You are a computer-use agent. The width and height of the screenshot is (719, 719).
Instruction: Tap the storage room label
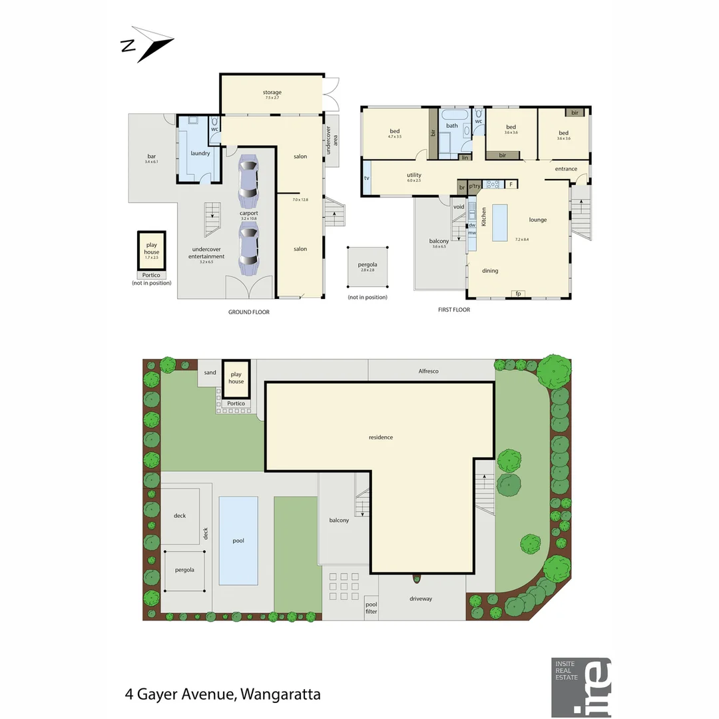click(272, 93)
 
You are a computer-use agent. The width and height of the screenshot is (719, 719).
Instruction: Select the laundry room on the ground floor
click(200, 153)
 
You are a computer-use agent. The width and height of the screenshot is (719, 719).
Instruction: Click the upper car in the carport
click(248, 180)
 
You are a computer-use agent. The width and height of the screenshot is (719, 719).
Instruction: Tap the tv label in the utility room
click(367, 178)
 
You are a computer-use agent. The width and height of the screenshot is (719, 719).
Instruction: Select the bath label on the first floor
click(452, 125)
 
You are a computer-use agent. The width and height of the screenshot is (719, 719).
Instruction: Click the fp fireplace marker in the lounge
click(517, 293)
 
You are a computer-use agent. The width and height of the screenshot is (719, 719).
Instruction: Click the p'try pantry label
click(475, 186)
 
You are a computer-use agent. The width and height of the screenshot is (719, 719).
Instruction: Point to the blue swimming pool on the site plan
click(238, 540)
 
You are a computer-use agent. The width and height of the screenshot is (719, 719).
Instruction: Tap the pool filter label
click(371, 606)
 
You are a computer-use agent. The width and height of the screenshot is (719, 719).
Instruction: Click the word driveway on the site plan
click(421, 599)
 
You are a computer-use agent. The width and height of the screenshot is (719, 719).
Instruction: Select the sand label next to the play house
click(210, 373)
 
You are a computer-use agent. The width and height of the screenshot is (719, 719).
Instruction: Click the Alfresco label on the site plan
click(429, 371)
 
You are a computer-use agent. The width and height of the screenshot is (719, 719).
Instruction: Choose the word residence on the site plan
click(381, 437)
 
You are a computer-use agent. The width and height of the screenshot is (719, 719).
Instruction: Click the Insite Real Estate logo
click(581, 688)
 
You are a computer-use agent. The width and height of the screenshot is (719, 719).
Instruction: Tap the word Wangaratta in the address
click(280, 694)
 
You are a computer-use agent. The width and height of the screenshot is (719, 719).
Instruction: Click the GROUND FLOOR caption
click(248, 311)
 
